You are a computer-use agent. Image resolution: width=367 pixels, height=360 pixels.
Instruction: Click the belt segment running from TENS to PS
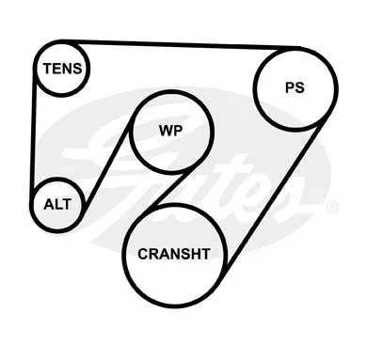point(181,44)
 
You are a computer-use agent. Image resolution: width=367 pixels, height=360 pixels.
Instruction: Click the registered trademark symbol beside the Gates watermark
point(332,207)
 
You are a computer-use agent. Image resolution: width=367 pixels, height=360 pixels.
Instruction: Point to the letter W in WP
point(166,131)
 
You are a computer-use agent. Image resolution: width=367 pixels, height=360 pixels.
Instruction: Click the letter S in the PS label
point(299,87)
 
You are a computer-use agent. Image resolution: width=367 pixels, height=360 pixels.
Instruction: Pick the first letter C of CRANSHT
point(143,254)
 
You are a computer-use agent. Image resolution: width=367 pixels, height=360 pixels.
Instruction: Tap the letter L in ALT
point(60,204)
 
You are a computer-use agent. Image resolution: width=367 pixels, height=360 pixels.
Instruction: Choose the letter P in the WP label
point(178,131)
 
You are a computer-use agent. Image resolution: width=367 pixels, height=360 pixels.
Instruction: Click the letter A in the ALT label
point(50,204)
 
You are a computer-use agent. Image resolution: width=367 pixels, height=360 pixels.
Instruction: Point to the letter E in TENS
point(57,69)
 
